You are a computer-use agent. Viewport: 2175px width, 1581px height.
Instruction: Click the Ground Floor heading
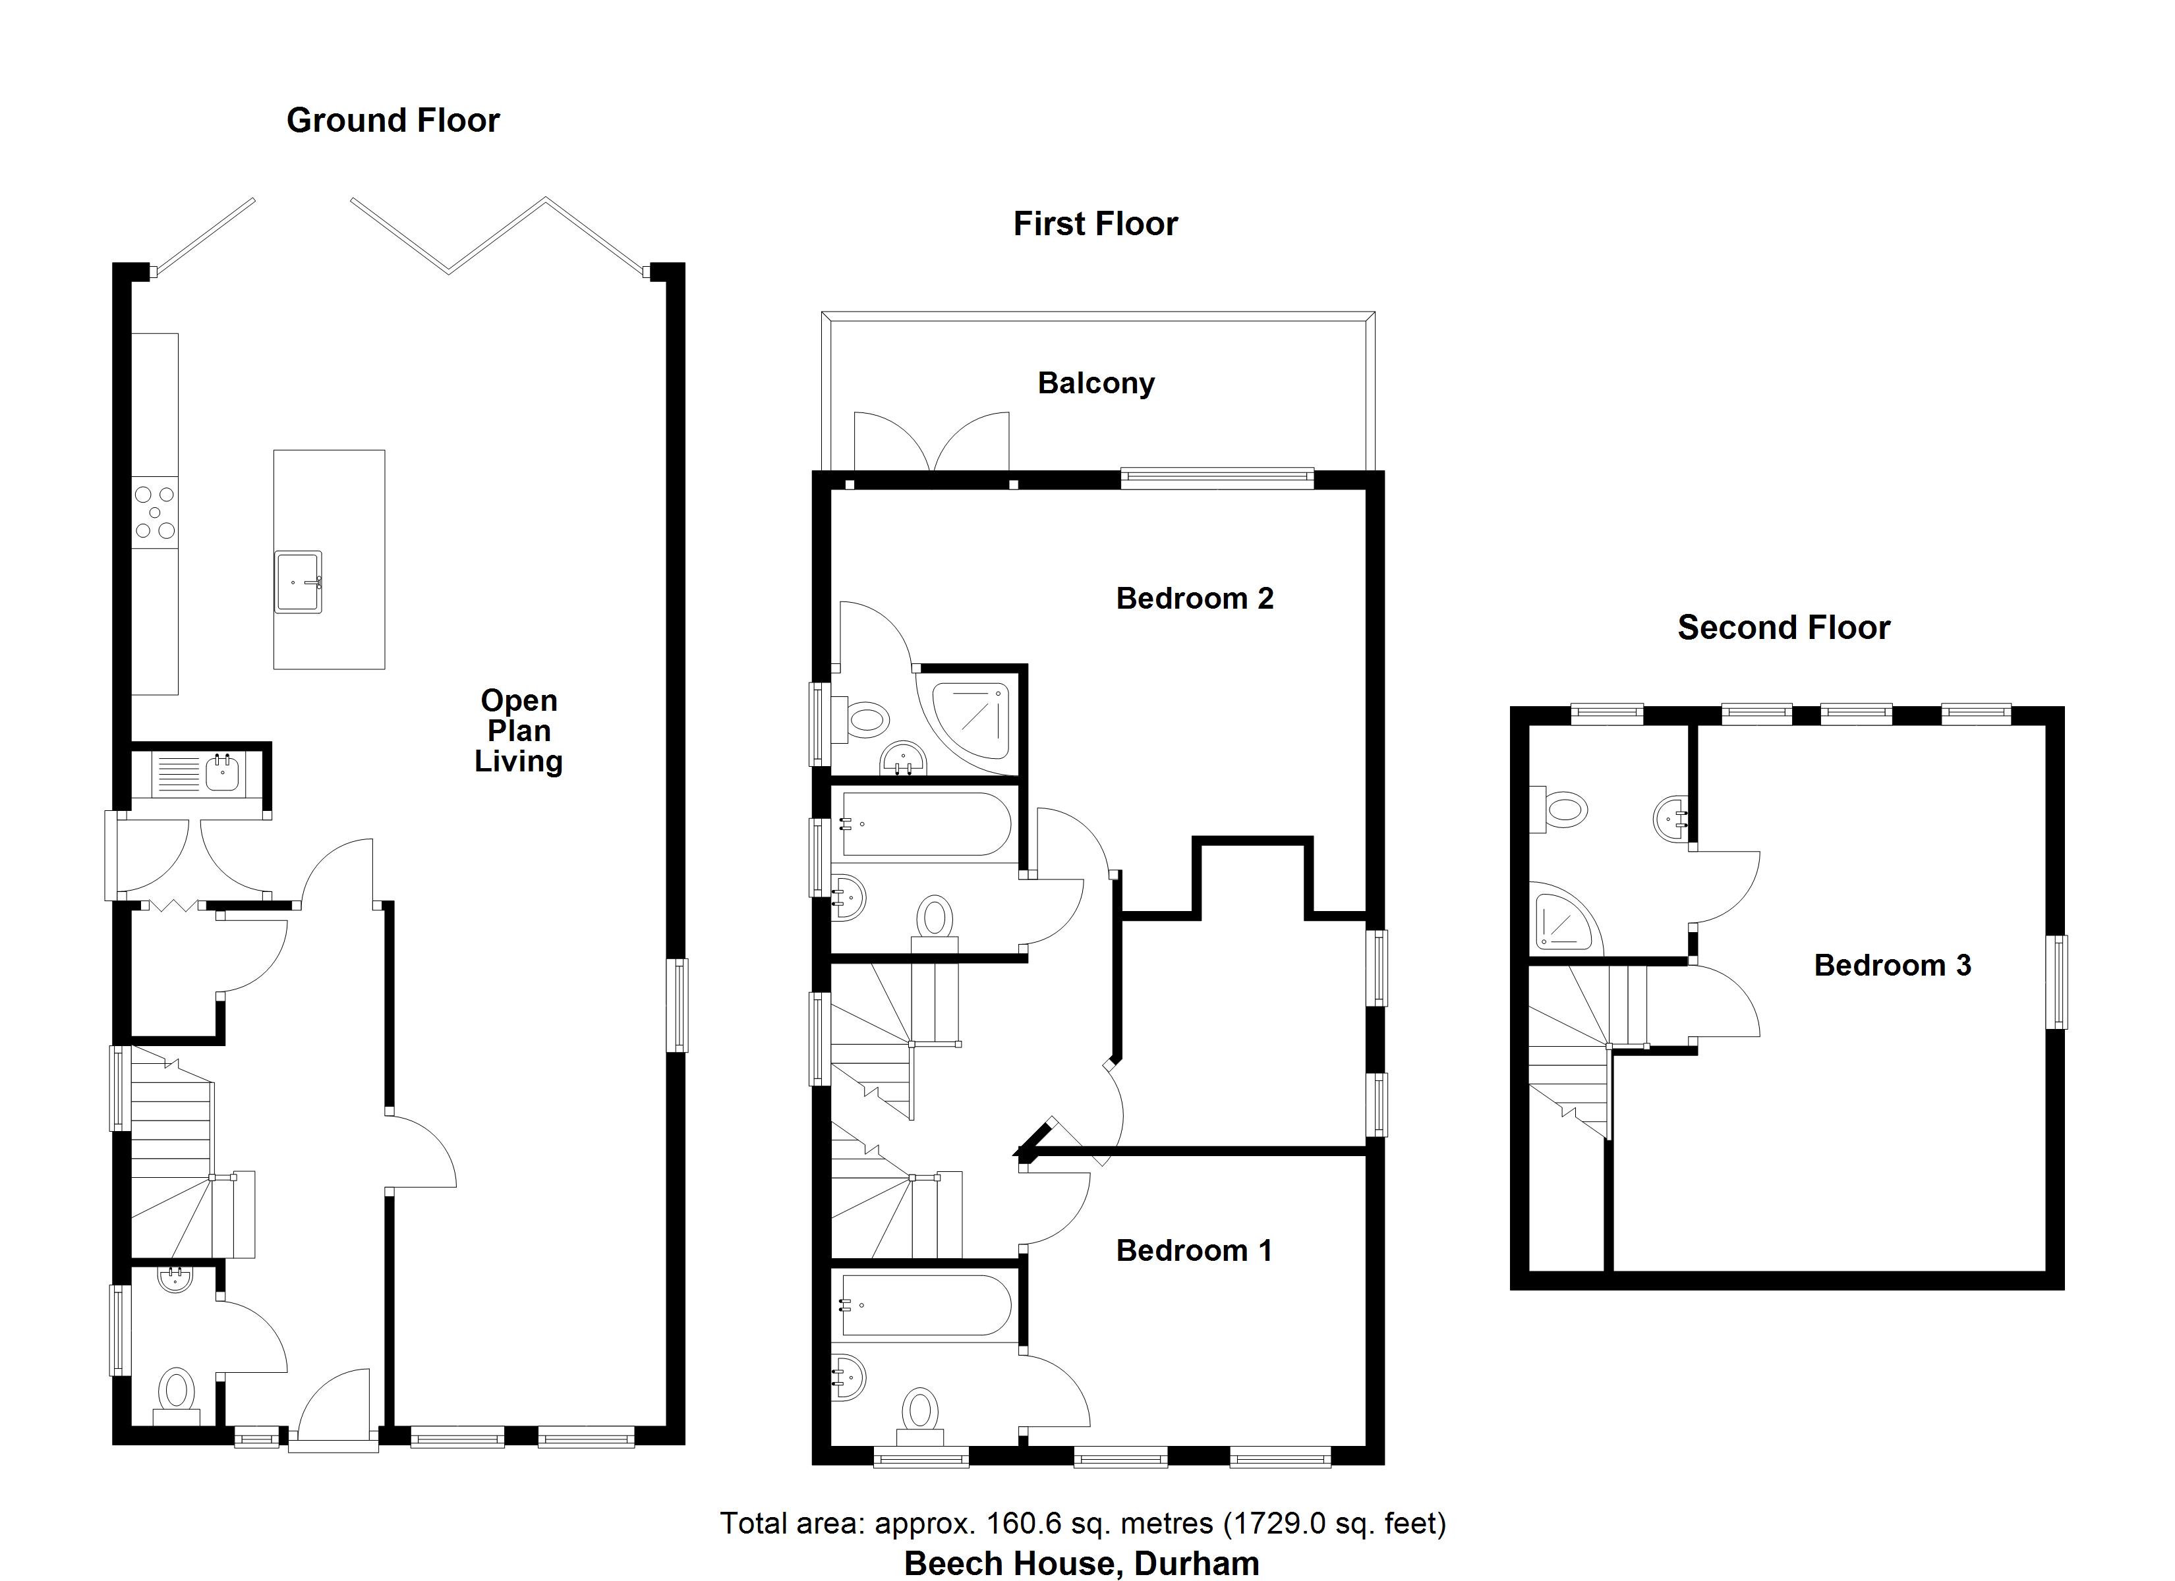(393, 121)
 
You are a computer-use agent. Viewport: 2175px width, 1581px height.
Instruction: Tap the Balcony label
(1095, 383)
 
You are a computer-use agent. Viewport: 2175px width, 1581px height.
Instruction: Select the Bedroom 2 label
(1194, 598)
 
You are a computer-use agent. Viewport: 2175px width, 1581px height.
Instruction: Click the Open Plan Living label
(519, 731)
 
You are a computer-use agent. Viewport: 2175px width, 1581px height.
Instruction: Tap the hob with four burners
(154, 512)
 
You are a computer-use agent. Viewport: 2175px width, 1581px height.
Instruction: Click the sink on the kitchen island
(299, 581)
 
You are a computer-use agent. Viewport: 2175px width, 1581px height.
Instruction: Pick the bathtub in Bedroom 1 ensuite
(925, 1305)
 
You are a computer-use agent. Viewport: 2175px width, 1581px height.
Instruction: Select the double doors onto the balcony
(932, 443)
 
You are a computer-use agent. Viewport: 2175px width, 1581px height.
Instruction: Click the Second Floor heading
(1783, 628)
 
